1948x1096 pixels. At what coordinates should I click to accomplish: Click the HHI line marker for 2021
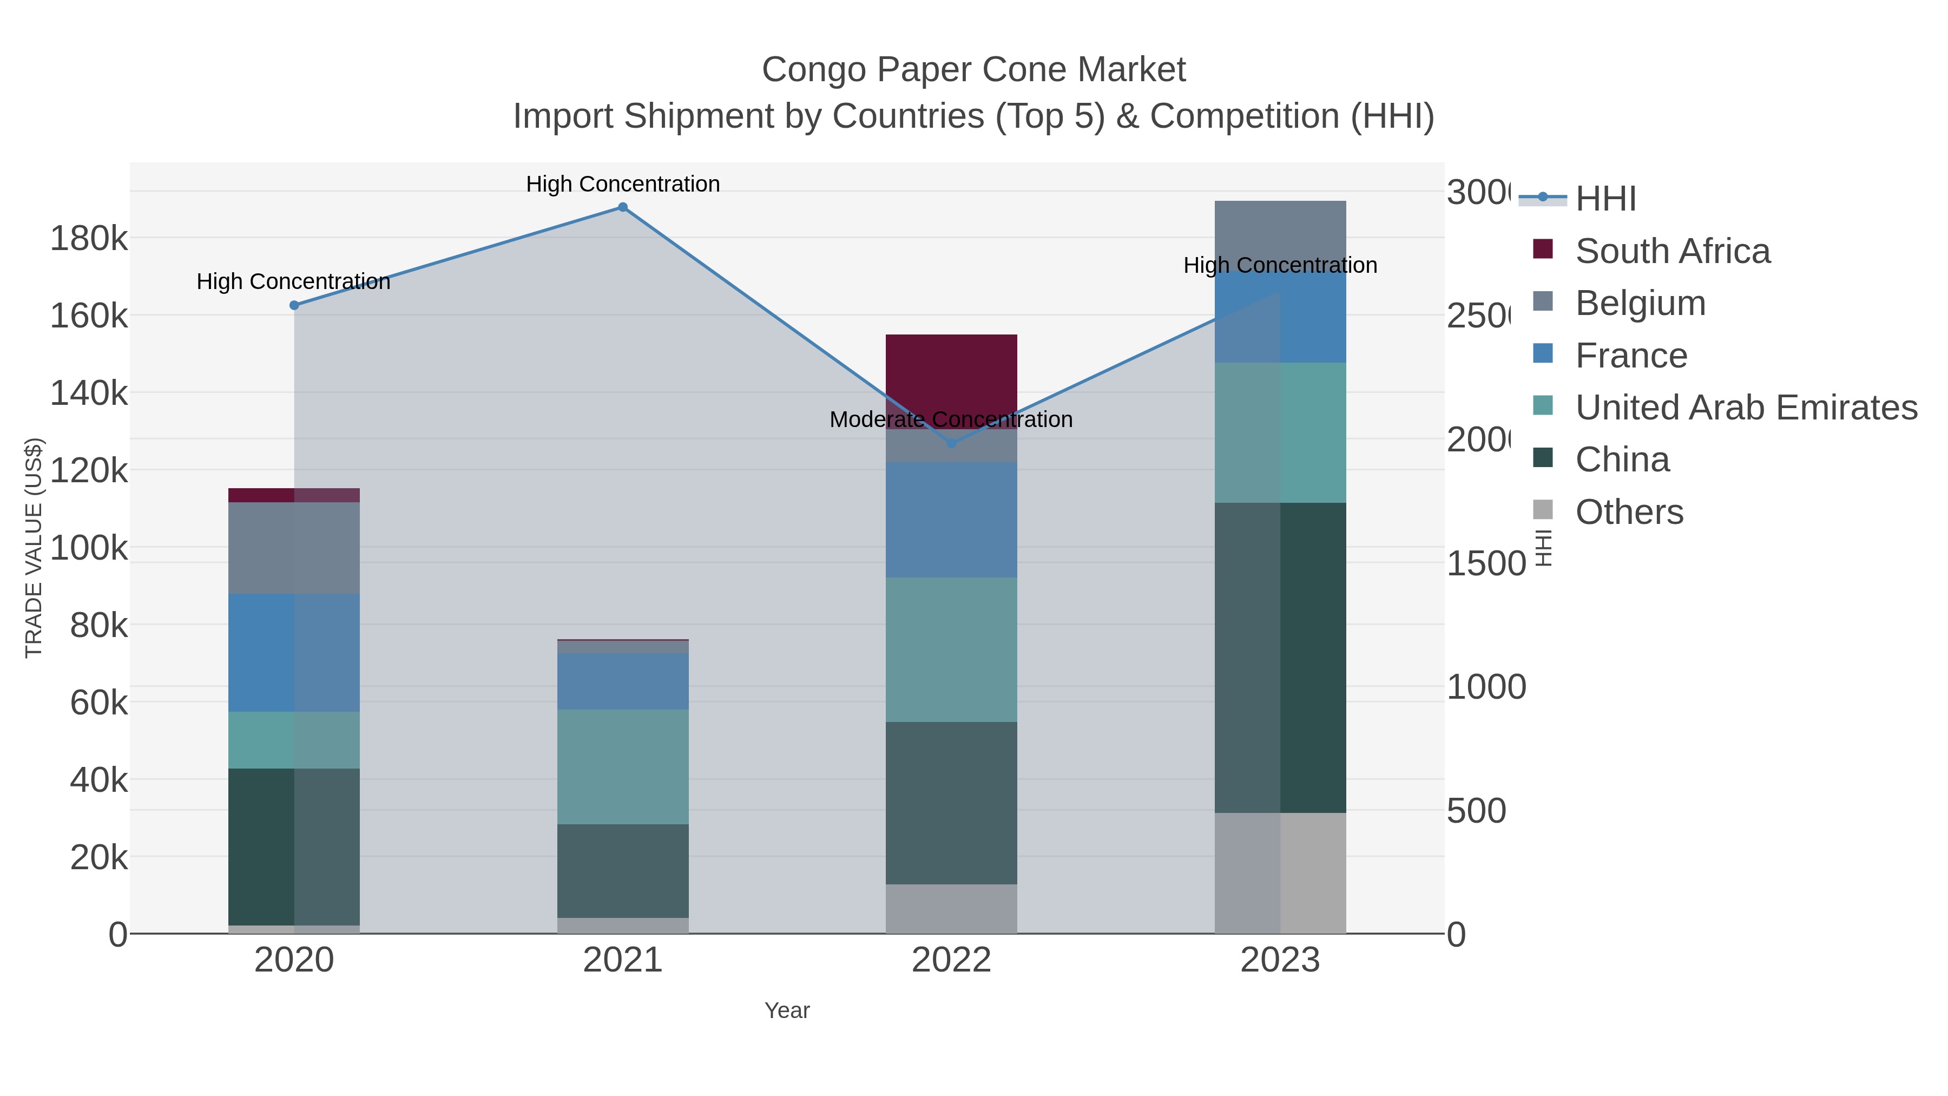(622, 207)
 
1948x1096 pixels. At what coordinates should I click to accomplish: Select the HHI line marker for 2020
(294, 306)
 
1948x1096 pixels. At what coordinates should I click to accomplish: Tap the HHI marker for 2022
(951, 443)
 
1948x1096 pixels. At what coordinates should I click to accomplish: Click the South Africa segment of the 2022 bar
(951, 371)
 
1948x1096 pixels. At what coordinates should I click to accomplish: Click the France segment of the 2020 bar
(294, 652)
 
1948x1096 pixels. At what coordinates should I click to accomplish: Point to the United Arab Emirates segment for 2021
(622, 766)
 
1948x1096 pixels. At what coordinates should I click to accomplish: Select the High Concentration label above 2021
(622, 184)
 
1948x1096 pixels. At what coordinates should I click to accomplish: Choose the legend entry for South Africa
(1672, 251)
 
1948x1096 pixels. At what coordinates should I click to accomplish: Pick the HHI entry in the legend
(1605, 199)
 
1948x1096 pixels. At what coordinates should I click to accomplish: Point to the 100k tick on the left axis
(89, 548)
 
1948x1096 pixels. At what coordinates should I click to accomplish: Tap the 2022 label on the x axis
(951, 961)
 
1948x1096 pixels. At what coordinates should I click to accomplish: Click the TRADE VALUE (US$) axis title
(34, 548)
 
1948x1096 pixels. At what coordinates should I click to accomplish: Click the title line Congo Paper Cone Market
(973, 70)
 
